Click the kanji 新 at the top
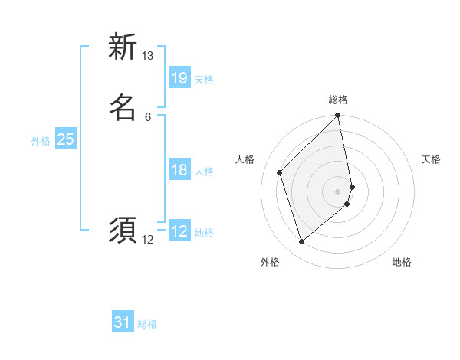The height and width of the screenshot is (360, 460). [123, 47]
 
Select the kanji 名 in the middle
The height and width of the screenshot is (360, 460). [123, 108]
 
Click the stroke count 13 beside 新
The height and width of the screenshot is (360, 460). [147, 56]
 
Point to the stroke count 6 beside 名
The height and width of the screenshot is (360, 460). [147, 116]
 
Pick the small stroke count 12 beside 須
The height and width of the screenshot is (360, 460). [147, 240]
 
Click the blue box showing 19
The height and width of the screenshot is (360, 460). [179, 78]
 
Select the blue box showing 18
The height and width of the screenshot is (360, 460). [179, 170]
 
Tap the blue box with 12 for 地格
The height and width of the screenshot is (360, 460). [179, 231]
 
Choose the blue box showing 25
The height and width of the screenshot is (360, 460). [65, 139]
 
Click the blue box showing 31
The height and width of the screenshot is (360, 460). [123, 322]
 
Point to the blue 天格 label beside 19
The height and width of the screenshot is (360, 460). [204, 80]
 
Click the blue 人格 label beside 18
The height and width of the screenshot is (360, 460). [204, 172]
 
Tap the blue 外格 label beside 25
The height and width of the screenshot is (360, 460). [41, 141]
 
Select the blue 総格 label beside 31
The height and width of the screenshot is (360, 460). [147, 324]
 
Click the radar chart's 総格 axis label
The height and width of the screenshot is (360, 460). [338, 100]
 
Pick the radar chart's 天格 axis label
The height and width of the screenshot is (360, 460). [431, 159]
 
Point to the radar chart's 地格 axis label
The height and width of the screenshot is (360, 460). [402, 262]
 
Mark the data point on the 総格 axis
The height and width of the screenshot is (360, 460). [338, 116]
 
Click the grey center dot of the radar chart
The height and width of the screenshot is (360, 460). [338, 191]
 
